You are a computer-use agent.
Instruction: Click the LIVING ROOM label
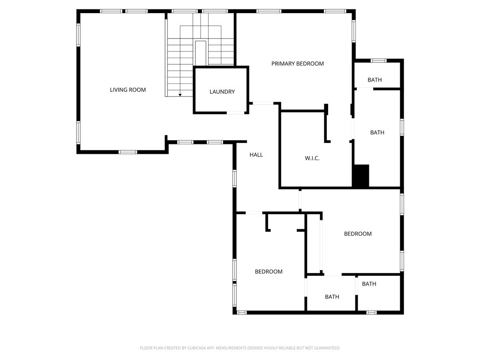pos(127,90)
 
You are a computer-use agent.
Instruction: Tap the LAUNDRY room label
pos(222,92)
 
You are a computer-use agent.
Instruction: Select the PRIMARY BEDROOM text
pos(297,64)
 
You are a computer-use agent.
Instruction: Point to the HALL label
pos(256,155)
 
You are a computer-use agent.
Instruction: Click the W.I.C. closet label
pos(312,158)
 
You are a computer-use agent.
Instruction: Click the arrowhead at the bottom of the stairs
pos(180,95)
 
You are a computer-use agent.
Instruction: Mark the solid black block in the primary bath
pos(361,176)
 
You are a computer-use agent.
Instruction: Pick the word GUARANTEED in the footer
pos(325,348)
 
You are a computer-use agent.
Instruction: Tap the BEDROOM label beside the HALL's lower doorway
pos(269,271)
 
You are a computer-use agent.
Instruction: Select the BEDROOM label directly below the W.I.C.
pos(358,234)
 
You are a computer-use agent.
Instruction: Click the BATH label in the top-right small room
pos(375,80)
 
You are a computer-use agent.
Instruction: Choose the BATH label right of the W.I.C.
pos(377,133)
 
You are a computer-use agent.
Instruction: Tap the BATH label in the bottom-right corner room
pos(369,284)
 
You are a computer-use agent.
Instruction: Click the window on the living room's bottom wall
pos(127,152)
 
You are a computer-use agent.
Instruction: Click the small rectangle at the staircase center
pos(201,52)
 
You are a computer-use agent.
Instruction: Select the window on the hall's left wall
pos(234,179)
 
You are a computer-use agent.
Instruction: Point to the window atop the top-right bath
pos(378,60)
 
